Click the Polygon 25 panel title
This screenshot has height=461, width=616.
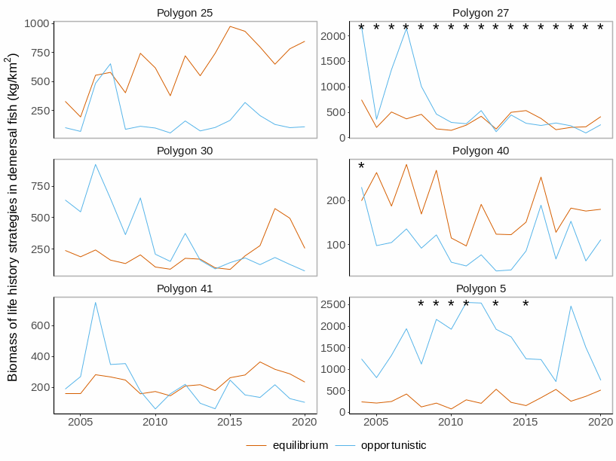185,13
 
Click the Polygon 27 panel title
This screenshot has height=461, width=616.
480,13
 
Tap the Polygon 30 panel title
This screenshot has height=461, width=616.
185,151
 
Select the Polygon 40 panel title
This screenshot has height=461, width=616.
480,151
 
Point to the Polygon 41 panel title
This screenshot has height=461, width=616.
185,289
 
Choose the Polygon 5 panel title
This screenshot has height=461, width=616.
480,289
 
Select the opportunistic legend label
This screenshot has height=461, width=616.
393,445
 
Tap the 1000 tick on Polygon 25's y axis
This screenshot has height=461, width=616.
37,23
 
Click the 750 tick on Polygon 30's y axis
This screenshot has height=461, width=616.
40,186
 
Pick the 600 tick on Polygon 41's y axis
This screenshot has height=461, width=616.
40,325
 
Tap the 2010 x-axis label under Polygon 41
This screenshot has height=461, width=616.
155,422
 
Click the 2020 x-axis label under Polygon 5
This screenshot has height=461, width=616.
600,422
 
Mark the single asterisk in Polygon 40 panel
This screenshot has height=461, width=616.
361,167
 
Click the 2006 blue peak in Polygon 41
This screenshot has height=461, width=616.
95,303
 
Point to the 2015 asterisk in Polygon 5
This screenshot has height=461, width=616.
526,304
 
